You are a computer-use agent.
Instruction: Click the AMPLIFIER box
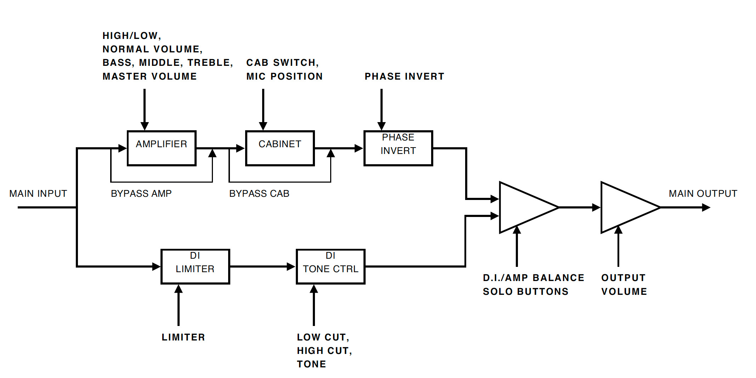pyautogui.click(x=162, y=148)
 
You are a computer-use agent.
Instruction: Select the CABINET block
pyautogui.click(x=280, y=148)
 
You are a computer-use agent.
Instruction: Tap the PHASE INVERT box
pyautogui.click(x=398, y=148)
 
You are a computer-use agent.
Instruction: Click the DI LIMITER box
pyautogui.click(x=195, y=266)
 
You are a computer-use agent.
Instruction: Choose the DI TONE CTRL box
pyautogui.click(x=331, y=266)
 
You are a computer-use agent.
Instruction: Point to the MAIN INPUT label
pyautogui.click(x=38, y=194)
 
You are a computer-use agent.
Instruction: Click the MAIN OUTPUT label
pyautogui.click(x=703, y=194)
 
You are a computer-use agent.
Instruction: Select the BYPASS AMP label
pyautogui.click(x=141, y=194)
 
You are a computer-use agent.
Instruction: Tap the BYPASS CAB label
pyautogui.click(x=259, y=194)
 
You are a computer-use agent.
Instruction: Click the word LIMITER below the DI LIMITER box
pyautogui.click(x=183, y=337)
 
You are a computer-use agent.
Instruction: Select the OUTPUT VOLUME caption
pyautogui.click(x=624, y=285)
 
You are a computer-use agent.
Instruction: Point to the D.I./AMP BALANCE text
pyautogui.click(x=534, y=278)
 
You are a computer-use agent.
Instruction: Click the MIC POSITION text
pyautogui.click(x=284, y=76)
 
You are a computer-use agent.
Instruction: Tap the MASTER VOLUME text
pyautogui.click(x=149, y=76)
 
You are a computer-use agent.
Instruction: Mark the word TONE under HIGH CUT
pyautogui.click(x=311, y=364)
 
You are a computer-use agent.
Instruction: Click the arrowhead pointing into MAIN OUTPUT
pyautogui.click(x=706, y=207)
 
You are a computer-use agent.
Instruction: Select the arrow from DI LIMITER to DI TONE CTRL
pyautogui.click(x=262, y=266)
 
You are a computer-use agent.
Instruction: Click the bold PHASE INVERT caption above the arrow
pyautogui.click(x=404, y=76)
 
